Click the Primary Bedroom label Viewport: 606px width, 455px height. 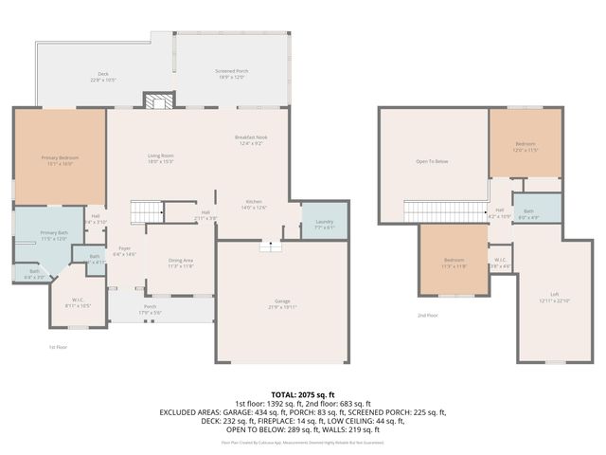(59, 159)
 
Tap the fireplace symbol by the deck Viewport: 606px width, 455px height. (158, 100)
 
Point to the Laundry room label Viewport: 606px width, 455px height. (324, 225)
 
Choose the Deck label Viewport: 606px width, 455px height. (103, 77)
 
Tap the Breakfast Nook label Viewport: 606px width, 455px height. (251, 140)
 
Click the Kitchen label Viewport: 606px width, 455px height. (254, 205)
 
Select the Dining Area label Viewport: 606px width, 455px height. (181, 263)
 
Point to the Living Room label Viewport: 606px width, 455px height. (159, 158)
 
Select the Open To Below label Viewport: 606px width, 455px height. (432, 162)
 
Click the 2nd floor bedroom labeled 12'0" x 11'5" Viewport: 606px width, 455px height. (526, 147)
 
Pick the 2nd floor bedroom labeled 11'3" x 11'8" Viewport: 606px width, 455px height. (454, 263)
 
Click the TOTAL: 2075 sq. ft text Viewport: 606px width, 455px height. (303, 394)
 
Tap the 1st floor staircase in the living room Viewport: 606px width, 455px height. (146, 211)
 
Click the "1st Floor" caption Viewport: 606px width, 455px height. (59, 347)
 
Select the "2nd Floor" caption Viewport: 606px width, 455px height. (428, 316)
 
